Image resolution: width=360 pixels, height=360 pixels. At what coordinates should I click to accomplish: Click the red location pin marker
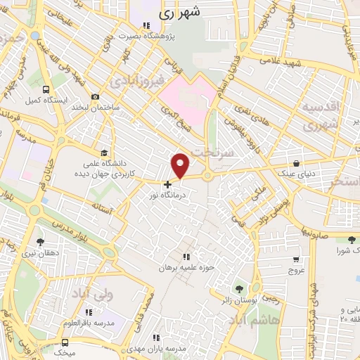(181, 165)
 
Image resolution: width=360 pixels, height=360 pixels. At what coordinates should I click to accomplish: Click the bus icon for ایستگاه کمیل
(46, 90)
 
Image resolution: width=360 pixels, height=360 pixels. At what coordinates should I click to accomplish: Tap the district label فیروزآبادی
(138, 79)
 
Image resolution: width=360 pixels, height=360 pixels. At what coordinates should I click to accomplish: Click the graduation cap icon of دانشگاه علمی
(105, 153)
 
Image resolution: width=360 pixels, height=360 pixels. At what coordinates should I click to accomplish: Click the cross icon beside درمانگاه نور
(167, 184)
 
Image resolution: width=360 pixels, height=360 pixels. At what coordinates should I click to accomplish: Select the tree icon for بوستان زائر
(238, 289)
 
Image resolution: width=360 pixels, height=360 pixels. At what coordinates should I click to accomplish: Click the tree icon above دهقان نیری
(41, 241)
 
